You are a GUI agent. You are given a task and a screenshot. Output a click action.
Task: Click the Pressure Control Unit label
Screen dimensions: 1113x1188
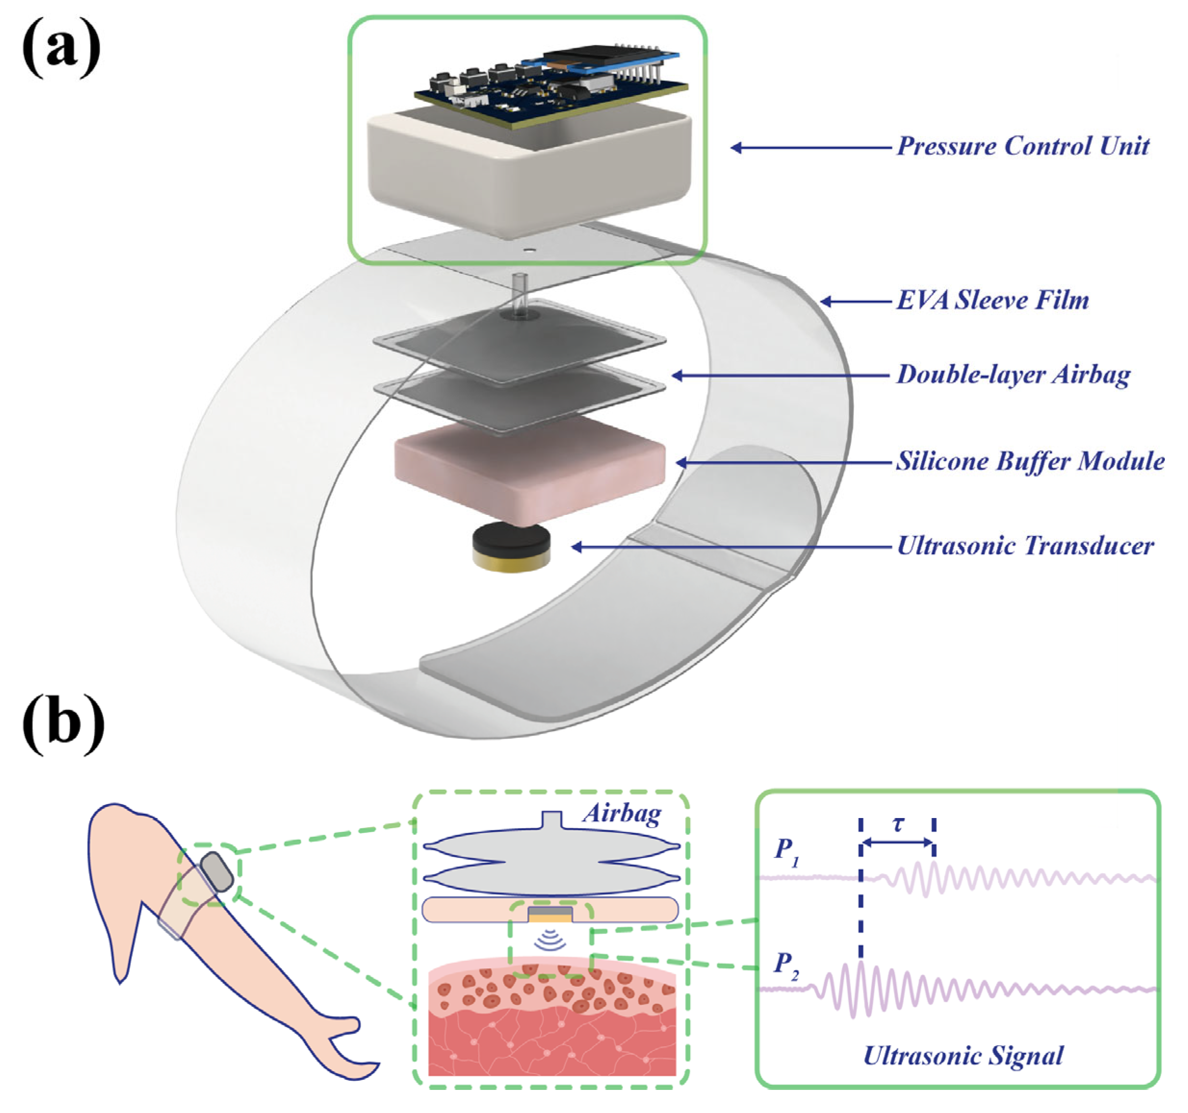pos(1023,146)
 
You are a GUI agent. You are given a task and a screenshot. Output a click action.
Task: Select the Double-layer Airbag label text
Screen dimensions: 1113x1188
pos(1013,375)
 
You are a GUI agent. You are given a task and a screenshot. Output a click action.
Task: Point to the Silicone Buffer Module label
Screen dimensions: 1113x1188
pos(1030,461)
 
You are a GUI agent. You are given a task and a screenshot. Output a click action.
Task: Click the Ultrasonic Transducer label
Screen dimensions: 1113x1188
pos(1025,546)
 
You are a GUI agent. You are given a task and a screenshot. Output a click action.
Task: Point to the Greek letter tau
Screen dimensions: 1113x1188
pos(897,824)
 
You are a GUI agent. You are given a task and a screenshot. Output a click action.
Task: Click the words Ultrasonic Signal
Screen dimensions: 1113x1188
pos(963,1055)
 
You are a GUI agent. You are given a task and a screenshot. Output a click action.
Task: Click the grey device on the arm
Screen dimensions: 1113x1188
pos(216,871)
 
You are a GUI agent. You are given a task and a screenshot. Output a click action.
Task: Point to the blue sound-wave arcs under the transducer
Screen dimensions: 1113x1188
pos(550,943)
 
